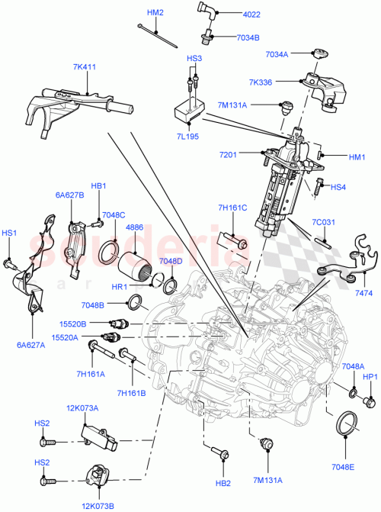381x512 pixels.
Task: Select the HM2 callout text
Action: [x=155, y=12]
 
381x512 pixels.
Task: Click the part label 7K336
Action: [x=280, y=81]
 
